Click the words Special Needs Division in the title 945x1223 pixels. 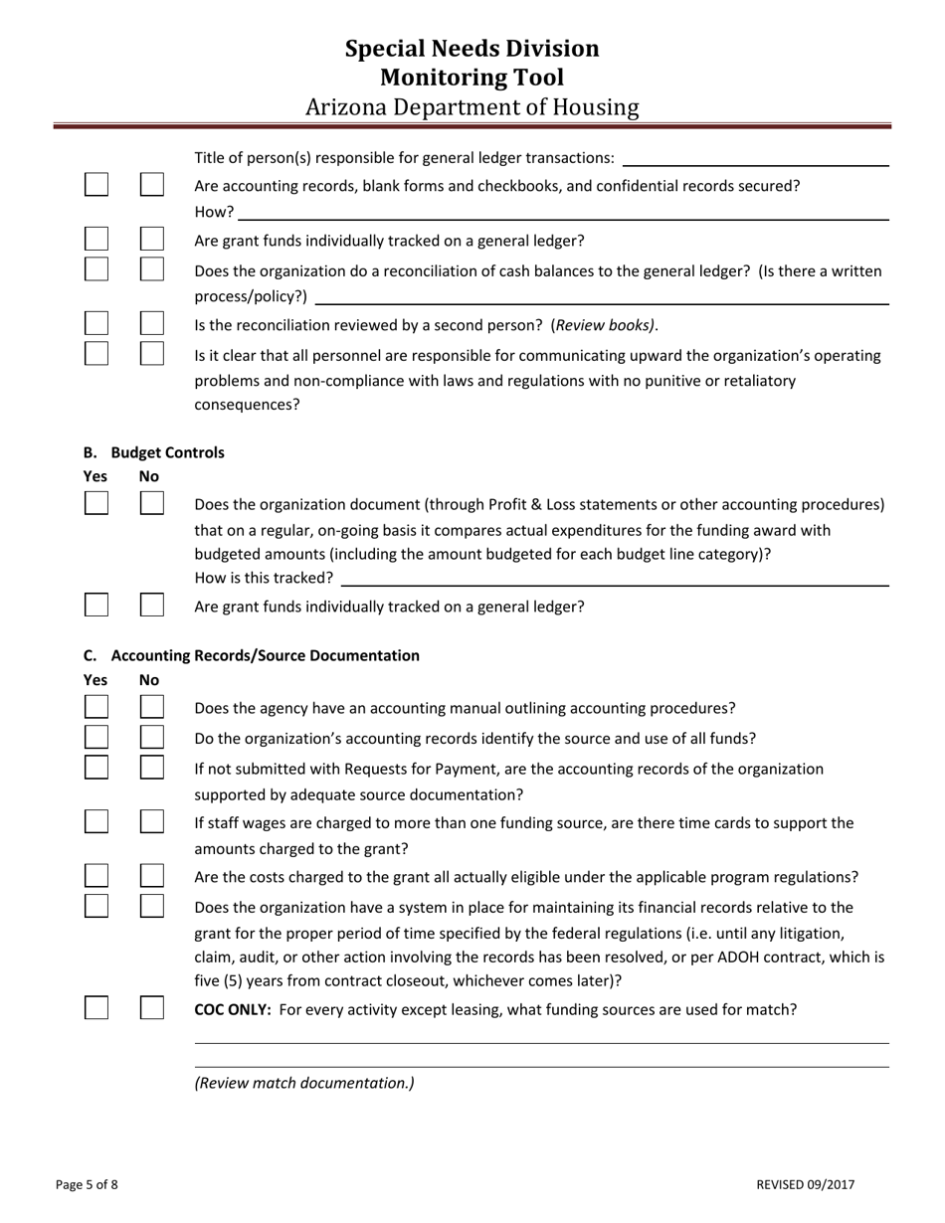tap(472, 49)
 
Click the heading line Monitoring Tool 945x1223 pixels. tap(472, 78)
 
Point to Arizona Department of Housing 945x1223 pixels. tap(472, 107)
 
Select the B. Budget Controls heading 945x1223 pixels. tap(154, 452)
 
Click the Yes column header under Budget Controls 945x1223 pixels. tap(95, 476)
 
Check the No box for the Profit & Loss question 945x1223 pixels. tap(151, 503)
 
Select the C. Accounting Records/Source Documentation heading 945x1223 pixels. tap(252, 655)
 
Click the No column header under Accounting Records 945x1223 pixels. tap(149, 680)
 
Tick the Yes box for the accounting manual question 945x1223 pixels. tap(96, 707)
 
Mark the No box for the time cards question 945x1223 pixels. tap(151, 821)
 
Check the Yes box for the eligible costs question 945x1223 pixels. tap(96, 876)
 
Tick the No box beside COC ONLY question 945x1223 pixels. tap(151, 1008)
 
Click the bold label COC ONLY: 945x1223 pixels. tap(233, 1009)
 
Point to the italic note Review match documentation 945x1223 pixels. tap(304, 1083)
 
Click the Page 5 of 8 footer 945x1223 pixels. tap(87, 1184)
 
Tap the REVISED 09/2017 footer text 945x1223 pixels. tap(805, 1184)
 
